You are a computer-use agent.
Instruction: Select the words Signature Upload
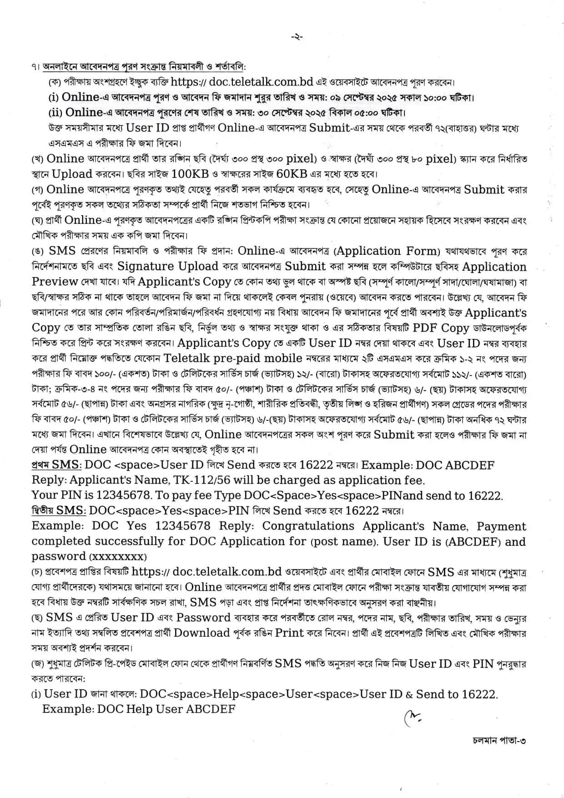168,266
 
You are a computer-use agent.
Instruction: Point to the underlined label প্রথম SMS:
57,465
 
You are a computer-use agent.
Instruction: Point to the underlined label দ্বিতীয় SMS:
59,510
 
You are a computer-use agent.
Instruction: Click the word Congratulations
308,526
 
